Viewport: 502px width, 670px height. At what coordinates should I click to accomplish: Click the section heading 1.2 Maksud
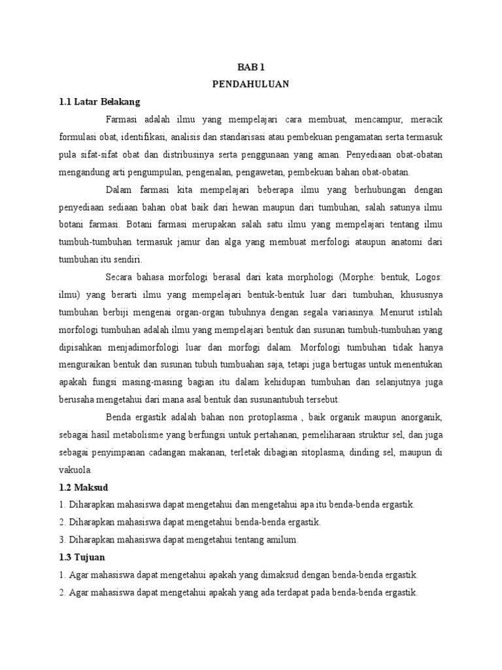click(x=84, y=488)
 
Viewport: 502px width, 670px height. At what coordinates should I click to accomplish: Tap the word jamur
click(x=201, y=242)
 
